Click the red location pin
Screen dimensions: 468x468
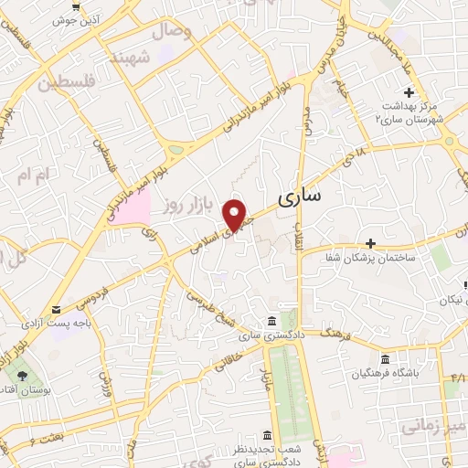pyautogui.click(x=235, y=214)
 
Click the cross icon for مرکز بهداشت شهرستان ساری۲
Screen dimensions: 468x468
pyautogui.click(x=409, y=92)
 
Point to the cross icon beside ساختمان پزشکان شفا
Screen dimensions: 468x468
pyautogui.click(x=370, y=243)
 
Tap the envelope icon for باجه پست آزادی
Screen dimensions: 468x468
pyautogui.click(x=58, y=309)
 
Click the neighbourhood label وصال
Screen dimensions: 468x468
pyautogui.click(x=177, y=32)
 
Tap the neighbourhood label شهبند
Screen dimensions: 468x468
pyautogui.click(x=128, y=57)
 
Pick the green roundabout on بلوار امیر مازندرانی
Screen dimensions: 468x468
pyautogui.click(x=175, y=150)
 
